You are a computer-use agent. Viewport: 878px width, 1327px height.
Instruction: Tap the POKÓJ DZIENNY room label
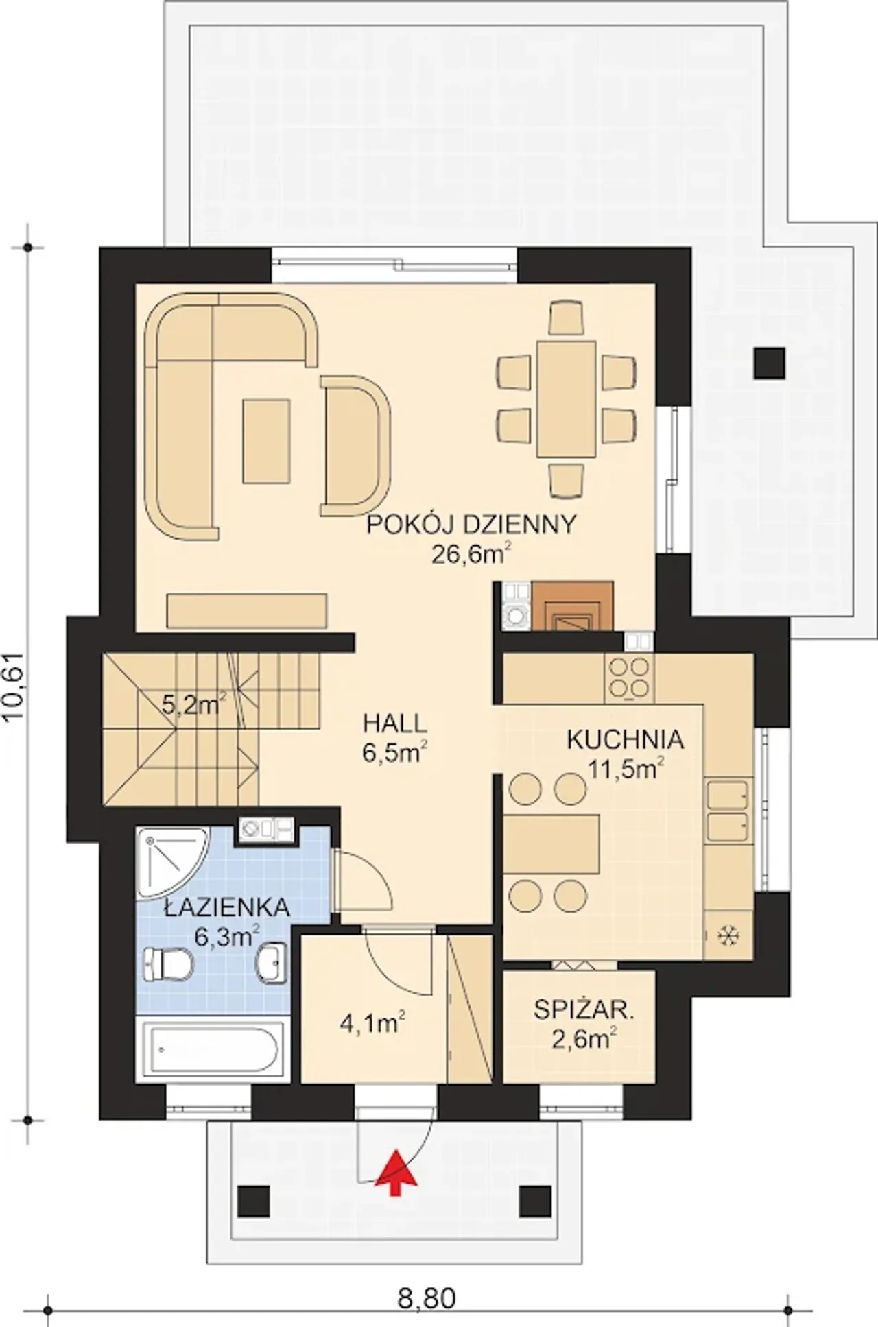[x=471, y=525]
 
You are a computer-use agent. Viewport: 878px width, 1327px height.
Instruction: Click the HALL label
[x=394, y=723]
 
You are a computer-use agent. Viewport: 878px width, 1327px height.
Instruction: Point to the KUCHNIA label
[x=625, y=739]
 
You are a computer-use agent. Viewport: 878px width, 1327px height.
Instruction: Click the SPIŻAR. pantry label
[x=584, y=1009]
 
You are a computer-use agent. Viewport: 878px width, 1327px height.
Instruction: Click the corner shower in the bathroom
[x=170, y=861]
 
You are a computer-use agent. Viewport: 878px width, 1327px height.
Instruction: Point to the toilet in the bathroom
[x=167, y=964]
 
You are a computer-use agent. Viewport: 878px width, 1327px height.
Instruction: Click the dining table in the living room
[x=566, y=398]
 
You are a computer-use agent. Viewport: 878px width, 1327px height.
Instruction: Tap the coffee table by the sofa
[x=266, y=442]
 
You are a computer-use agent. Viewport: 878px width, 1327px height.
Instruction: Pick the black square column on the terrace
[x=769, y=363]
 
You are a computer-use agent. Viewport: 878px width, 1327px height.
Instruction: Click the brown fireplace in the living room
[x=573, y=606]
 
